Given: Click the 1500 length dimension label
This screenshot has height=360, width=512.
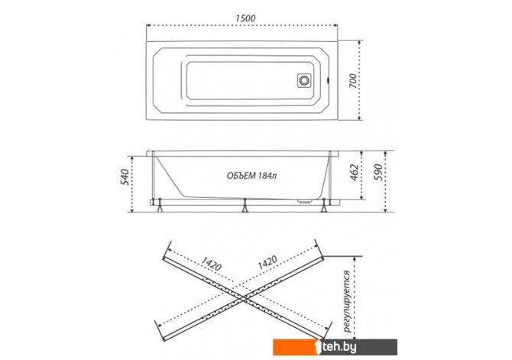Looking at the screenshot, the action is point(245,18).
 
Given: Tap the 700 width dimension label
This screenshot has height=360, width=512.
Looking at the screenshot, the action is point(353,81).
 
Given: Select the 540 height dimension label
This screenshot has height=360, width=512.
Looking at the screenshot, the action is point(125,177).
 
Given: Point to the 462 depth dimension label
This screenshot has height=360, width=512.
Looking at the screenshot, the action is point(354,173).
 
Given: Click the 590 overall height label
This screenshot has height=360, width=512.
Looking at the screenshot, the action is point(378,173).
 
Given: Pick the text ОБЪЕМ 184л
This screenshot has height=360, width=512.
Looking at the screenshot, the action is point(251,176).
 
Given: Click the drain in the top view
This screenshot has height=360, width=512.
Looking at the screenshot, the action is point(304,80).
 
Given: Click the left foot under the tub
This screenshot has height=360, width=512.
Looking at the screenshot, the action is point(160,206).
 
